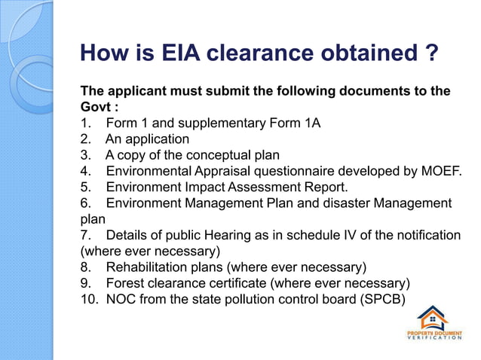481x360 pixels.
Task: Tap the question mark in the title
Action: (431, 53)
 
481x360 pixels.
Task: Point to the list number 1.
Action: (84, 124)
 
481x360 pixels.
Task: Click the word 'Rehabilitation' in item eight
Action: (146, 267)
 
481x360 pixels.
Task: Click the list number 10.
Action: (88, 299)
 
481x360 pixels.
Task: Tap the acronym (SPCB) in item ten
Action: (381, 299)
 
